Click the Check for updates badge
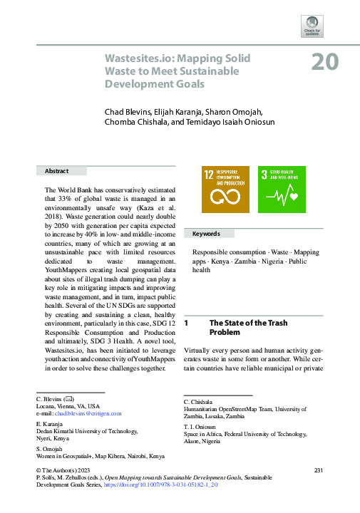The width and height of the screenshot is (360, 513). (311, 26)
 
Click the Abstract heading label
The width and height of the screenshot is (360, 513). (57, 171)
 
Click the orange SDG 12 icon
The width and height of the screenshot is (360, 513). (225, 189)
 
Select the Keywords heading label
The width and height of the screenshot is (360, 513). (207, 234)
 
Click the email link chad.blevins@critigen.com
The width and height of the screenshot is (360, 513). (88, 413)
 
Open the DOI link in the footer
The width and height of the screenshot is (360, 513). (170, 484)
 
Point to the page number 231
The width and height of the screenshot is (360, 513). (318, 470)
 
